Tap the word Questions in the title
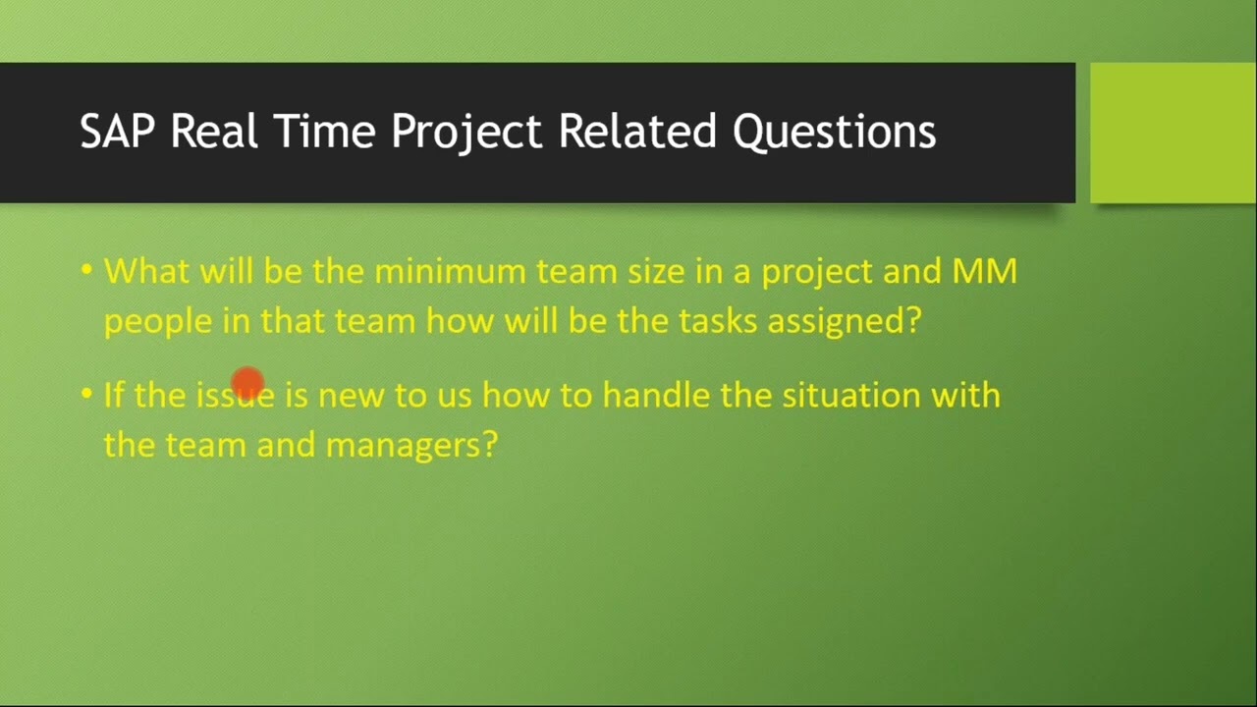[x=834, y=132]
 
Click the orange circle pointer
[x=247, y=382]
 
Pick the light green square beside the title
[x=1173, y=133]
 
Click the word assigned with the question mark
[x=844, y=322]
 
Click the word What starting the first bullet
[x=146, y=271]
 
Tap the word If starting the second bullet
[x=114, y=395]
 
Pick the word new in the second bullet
[x=351, y=396]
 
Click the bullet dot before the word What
[x=86, y=269]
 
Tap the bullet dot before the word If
[x=86, y=393]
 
